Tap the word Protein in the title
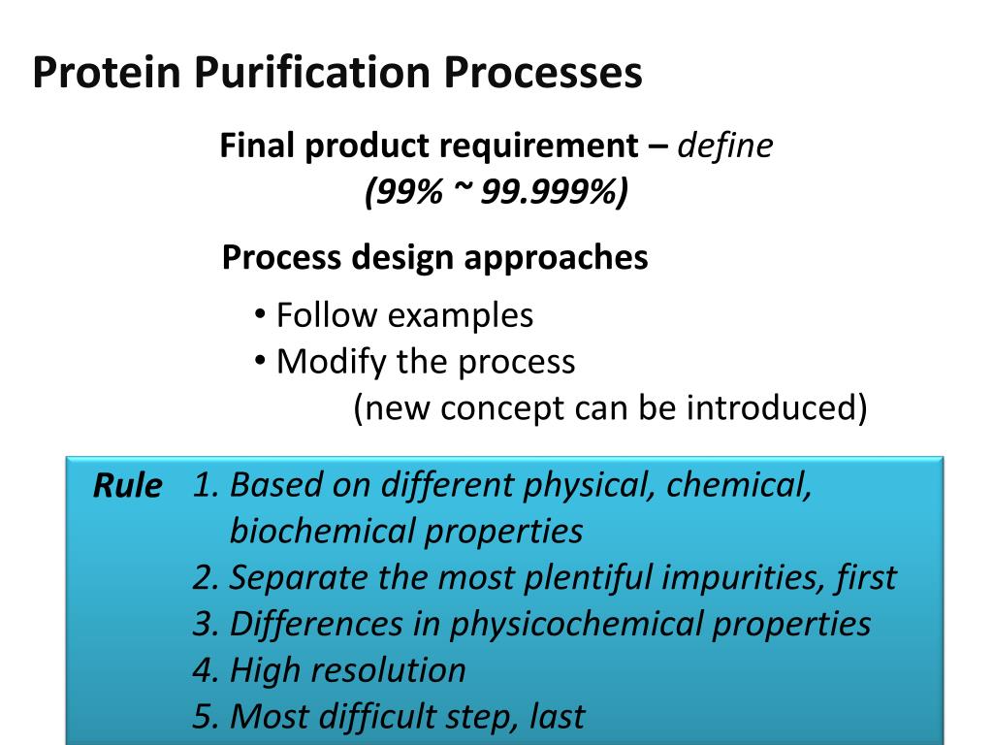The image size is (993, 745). coord(107,74)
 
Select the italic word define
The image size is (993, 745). coord(725,146)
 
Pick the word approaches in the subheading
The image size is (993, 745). coord(556,258)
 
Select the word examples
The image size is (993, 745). coord(461,315)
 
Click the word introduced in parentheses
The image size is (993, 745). coord(771,408)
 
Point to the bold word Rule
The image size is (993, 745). coord(127,486)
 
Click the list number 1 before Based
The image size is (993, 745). coord(203,484)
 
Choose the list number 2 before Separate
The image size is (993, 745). coord(204,577)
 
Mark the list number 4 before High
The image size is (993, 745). coord(204,670)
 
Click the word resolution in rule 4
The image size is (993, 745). coord(396,670)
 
